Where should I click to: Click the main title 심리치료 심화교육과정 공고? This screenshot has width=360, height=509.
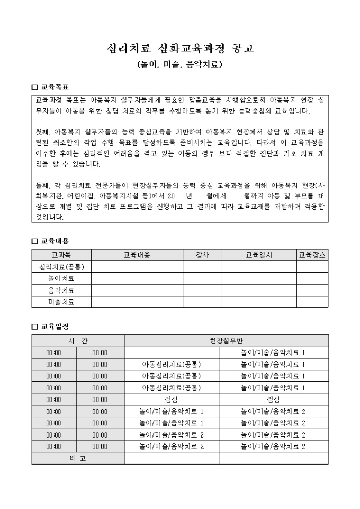[x=180, y=49]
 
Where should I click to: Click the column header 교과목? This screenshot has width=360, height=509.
[x=61, y=255]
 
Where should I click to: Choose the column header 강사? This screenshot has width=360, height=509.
[x=202, y=255]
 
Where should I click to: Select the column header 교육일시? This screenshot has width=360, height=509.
[x=259, y=255]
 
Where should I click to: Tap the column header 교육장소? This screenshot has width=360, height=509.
[x=312, y=255]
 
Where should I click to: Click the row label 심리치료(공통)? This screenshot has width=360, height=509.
[x=61, y=267]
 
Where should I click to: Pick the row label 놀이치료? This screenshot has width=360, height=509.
[x=61, y=278]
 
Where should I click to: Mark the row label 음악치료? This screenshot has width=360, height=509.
[x=61, y=290]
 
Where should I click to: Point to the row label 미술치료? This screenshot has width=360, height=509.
[x=61, y=302]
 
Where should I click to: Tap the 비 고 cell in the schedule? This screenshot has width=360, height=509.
[x=78, y=458]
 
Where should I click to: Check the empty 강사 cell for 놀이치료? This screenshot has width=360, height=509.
[x=202, y=278]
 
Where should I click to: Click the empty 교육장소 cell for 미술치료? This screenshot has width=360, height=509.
[x=312, y=302]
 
